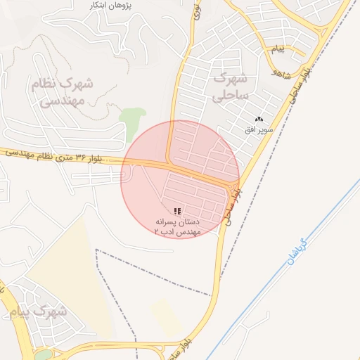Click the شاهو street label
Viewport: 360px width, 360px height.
[280, 69]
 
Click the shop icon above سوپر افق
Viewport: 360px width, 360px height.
[259, 120]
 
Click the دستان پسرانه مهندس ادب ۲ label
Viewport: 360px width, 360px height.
[177, 225]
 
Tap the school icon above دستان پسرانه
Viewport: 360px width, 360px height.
[177, 211]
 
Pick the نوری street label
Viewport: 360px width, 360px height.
[196, 11]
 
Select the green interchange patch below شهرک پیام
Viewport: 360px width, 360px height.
[43, 355]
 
